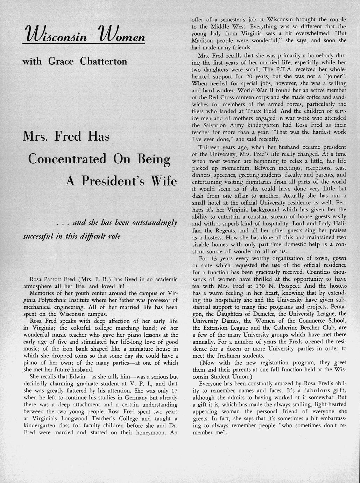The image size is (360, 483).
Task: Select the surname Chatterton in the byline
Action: click(104, 62)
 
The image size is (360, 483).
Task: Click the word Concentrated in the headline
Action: click(67, 159)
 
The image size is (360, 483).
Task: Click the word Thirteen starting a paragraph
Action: click(210, 147)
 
